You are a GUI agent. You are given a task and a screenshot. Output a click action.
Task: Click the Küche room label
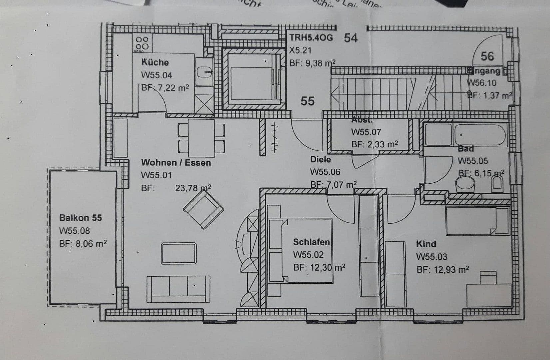point(155,62)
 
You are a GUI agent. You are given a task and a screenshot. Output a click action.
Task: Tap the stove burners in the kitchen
point(142,43)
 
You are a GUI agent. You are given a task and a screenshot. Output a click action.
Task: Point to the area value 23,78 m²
point(193,188)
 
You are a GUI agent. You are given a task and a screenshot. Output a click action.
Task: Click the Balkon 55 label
point(80,218)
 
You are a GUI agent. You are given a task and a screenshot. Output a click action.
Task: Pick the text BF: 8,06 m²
point(83,244)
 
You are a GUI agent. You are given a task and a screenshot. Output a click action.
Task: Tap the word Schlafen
point(311,242)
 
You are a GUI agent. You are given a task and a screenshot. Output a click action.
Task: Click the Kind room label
point(426,244)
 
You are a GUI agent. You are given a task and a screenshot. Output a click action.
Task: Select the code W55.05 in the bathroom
point(472,161)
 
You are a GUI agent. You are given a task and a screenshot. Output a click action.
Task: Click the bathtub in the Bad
point(480,135)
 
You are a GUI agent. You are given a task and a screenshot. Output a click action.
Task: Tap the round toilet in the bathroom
point(465,184)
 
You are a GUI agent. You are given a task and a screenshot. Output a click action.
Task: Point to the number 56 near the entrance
point(487,56)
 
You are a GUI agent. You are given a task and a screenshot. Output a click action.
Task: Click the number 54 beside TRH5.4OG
point(350,38)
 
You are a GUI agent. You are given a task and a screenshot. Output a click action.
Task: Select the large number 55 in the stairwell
point(307,101)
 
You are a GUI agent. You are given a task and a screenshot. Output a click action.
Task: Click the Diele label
point(320,159)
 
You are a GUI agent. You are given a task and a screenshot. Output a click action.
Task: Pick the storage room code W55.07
point(366,132)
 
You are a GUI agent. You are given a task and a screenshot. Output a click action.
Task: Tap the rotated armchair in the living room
point(203,209)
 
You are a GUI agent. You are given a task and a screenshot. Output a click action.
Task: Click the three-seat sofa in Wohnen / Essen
point(179,289)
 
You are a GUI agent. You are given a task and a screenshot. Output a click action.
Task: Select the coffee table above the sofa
point(179,254)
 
